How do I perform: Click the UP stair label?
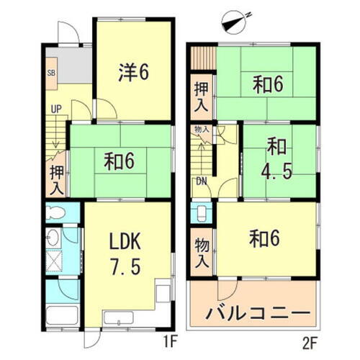[55, 110]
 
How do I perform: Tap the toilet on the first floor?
[56, 214]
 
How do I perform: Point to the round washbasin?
[52, 238]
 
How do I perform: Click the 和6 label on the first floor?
[119, 163]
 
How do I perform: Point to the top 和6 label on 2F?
[267, 85]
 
